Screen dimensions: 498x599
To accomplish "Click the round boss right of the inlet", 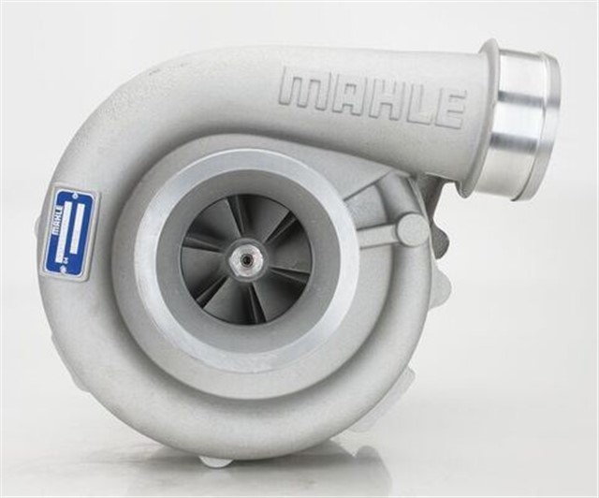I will coord(412,228).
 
